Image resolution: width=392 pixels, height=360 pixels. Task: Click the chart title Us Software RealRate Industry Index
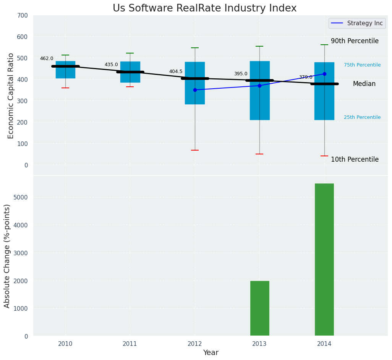tap(204, 8)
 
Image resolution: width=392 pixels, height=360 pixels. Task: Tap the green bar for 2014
tap(324, 259)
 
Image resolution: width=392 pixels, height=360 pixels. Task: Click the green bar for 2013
tap(260, 308)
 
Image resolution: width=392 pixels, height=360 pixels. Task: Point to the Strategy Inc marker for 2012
tap(195, 90)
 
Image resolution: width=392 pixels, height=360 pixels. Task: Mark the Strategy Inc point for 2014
tap(324, 74)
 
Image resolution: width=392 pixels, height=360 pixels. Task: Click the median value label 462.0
tap(47, 58)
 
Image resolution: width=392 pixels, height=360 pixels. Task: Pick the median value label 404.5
tap(176, 71)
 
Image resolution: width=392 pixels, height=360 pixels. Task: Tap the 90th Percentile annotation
tap(355, 41)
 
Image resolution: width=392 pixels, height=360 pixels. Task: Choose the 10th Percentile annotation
tap(355, 159)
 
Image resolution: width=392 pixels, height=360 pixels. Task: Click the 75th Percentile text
tap(362, 65)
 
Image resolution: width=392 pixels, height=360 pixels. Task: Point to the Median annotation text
tap(364, 84)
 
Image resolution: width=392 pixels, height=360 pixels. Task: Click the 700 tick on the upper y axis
tap(23, 15)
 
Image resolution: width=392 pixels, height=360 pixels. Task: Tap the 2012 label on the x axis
tap(195, 344)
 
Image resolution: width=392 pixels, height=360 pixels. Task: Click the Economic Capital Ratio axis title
tap(11, 96)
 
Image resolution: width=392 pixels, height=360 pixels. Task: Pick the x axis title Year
tap(211, 353)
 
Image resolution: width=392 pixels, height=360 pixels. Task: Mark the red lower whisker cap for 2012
tap(195, 150)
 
